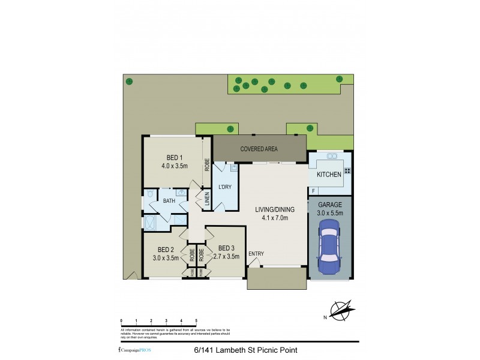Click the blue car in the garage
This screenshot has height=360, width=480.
330,246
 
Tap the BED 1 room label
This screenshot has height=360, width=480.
175,157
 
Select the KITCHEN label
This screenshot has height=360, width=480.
329,175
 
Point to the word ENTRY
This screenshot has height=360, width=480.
256,253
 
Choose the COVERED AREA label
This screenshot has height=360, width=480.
259,148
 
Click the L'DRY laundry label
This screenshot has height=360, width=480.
224,187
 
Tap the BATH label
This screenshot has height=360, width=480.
169,201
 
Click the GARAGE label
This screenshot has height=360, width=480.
329,205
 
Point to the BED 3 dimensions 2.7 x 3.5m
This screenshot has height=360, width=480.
226,257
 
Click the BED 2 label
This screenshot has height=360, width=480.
166,250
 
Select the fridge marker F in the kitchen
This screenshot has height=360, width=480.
313,191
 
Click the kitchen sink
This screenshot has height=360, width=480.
331,157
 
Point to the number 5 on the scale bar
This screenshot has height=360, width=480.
196,321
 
